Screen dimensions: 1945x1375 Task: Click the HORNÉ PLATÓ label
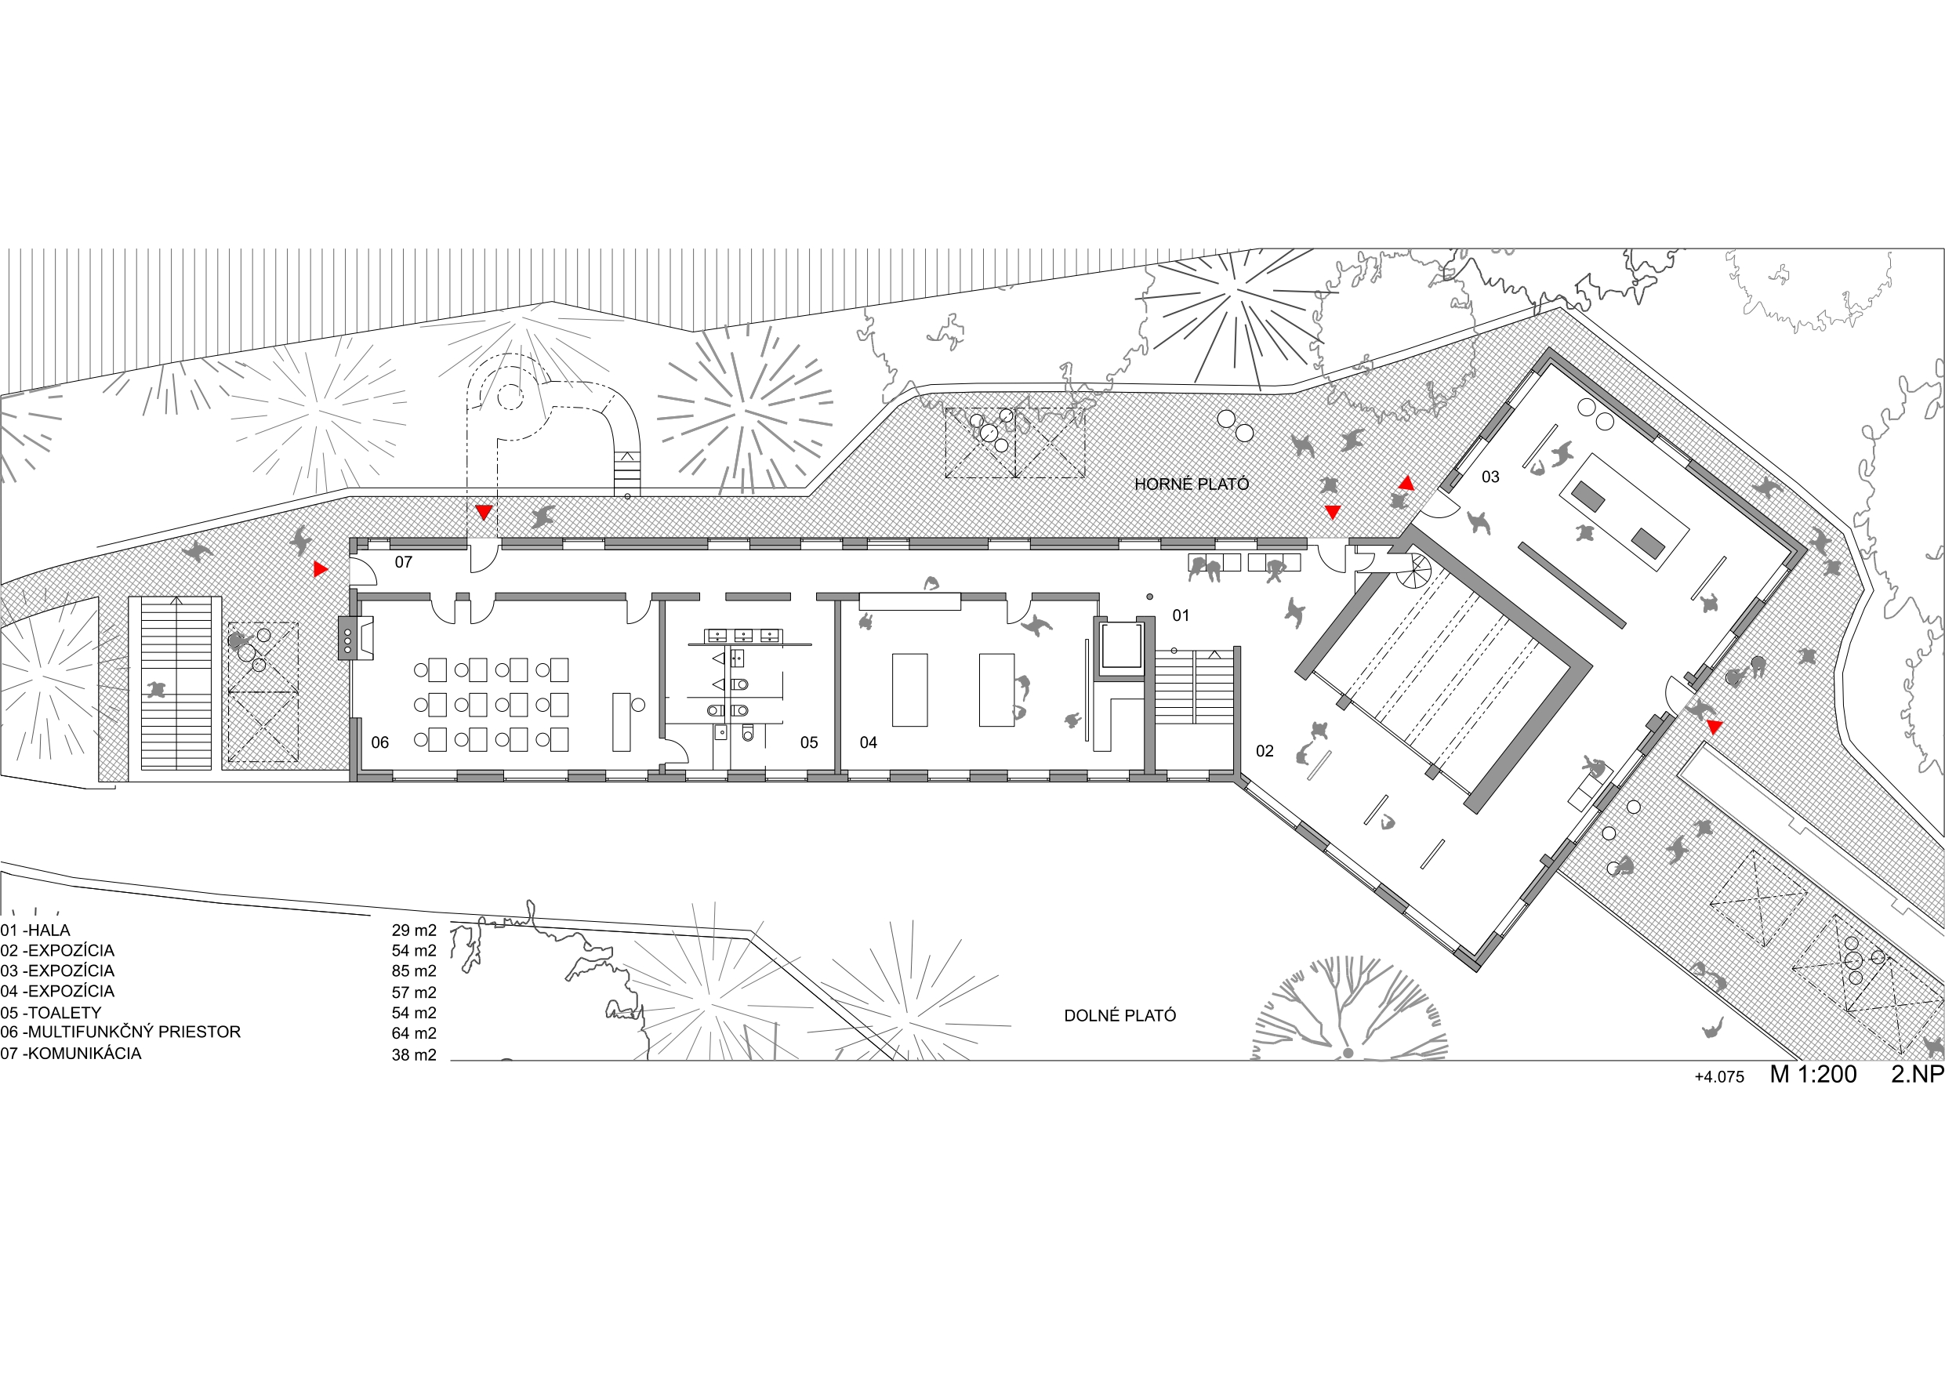pos(1191,484)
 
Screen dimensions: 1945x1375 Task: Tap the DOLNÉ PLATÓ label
pos(1120,1015)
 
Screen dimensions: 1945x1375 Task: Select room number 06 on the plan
pos(379,742)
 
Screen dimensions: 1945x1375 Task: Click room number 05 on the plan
pos(809,742)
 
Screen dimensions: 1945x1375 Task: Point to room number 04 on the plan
pos(869,742)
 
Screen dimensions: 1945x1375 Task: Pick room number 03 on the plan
pos(1490,477)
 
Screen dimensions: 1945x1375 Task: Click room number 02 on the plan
pos(1265,751)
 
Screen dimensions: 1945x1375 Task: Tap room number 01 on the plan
pos(1181,615)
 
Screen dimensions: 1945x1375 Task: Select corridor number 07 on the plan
pos(403,562)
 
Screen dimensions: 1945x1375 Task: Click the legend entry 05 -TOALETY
pos(51,1012)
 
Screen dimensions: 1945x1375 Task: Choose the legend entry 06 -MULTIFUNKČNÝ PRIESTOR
pos(120,1032)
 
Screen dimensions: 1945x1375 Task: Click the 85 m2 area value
pos(413,970)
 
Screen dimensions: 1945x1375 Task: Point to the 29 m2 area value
pos(413,931)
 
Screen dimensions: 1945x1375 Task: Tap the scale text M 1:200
pos(1813,1074)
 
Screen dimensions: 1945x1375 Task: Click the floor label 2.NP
pos(1918,1074)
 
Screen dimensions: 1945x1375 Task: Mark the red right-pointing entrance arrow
pos(320,569)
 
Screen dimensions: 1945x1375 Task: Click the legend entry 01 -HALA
pos(35,931)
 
